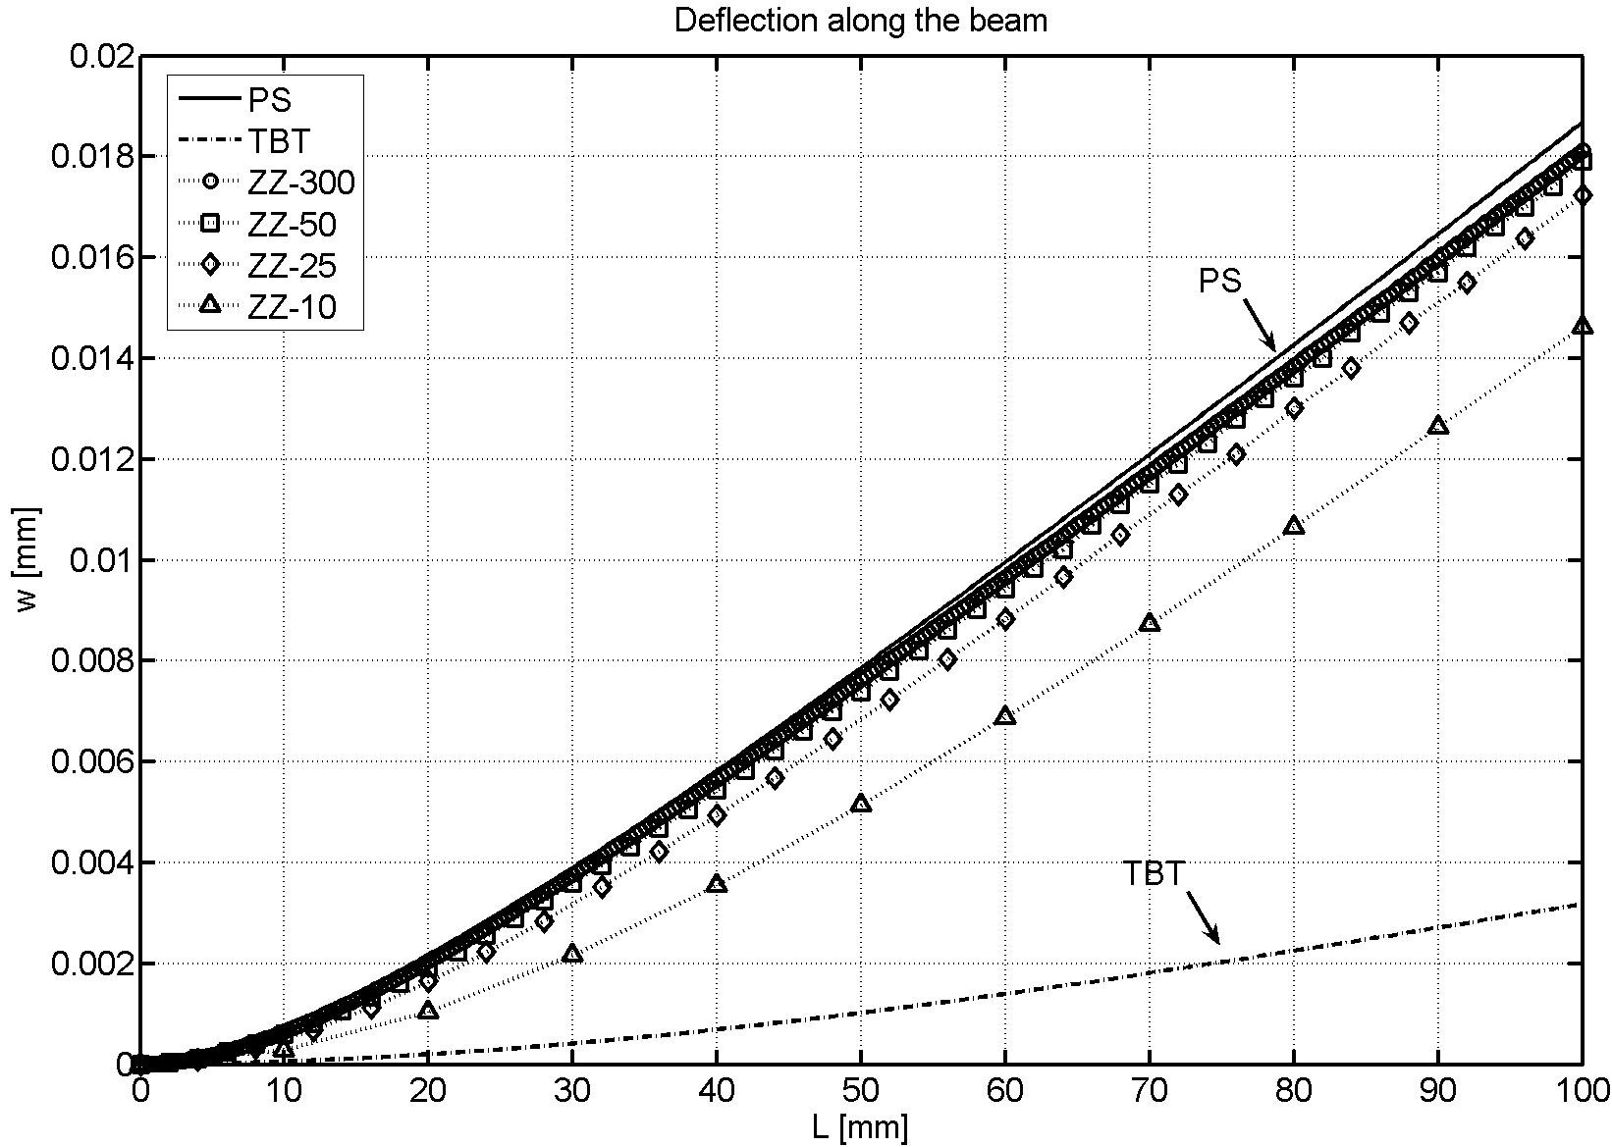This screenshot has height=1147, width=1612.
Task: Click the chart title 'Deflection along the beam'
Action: click(860, 21)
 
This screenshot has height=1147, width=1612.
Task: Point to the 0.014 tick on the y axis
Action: click(92, 358)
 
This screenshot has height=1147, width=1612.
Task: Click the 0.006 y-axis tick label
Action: click(92, 762)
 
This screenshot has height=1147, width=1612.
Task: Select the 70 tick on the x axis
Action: click(1150, 1089)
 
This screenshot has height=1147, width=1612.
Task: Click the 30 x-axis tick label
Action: click(572, 1089)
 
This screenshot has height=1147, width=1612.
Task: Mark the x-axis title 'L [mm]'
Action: click(860, 1126)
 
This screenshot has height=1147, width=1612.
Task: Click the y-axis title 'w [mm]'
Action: click(28, 559)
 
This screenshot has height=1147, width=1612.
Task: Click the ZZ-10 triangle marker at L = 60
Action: click(1005, 716)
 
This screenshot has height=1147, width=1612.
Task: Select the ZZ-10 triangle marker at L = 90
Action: click(1438, 425)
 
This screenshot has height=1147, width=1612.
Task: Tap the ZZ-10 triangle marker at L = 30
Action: click(572, 953)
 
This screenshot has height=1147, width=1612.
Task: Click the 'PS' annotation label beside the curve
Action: click(1220, 282)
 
